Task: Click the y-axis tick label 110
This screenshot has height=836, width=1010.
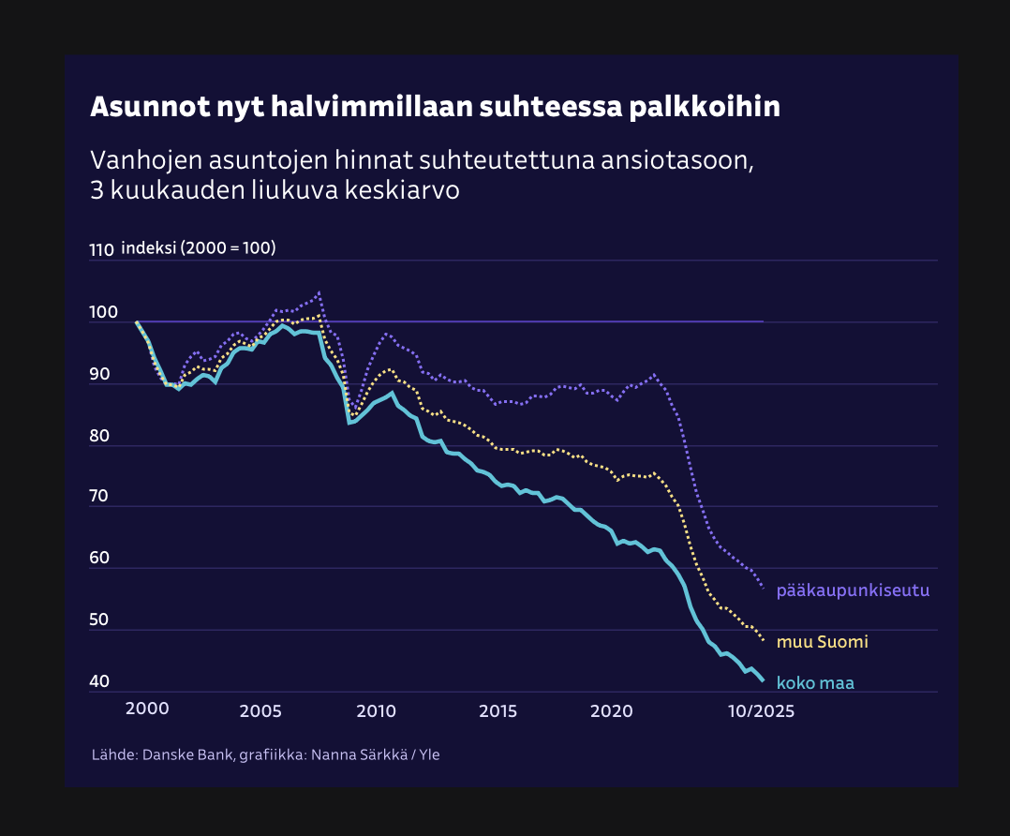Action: click(101, 250)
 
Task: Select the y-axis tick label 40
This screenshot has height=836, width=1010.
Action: click(100, 681)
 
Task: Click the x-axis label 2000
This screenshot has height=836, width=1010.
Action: click(147, 709)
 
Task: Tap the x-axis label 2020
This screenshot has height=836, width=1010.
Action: click(613, 709)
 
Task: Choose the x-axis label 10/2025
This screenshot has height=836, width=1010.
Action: click(762, 710)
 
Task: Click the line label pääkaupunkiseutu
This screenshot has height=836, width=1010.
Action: click(853, 590)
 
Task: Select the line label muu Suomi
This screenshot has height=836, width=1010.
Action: click(823, 642)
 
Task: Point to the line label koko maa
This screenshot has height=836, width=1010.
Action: click(815, 683)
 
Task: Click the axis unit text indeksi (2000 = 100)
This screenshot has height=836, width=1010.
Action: click(198, 248)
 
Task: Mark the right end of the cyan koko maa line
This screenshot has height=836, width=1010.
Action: click(764, 680)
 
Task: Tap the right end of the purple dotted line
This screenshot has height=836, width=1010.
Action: click(764, 588)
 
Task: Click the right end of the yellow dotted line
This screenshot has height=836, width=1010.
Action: click(764, 640)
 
